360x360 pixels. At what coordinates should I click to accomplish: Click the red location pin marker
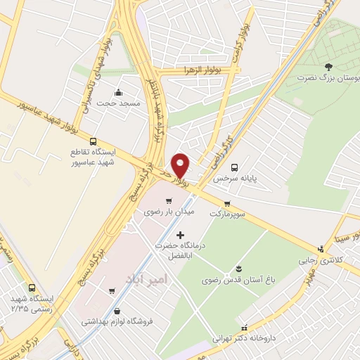point(181,165)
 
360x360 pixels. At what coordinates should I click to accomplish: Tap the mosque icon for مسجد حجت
point(118,91)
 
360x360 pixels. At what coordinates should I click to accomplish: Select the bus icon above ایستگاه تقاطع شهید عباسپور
point(94,140)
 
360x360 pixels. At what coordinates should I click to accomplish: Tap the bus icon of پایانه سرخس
point(234,167)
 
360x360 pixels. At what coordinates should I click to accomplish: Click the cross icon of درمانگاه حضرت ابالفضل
point(180,234)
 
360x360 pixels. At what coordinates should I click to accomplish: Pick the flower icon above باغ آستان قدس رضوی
point(238,269)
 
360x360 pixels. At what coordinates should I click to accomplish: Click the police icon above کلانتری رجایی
point(321,248)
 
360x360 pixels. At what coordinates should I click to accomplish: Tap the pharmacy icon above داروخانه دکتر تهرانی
point(244,328)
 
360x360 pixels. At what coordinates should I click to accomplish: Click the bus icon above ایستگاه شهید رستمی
point(32,287)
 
